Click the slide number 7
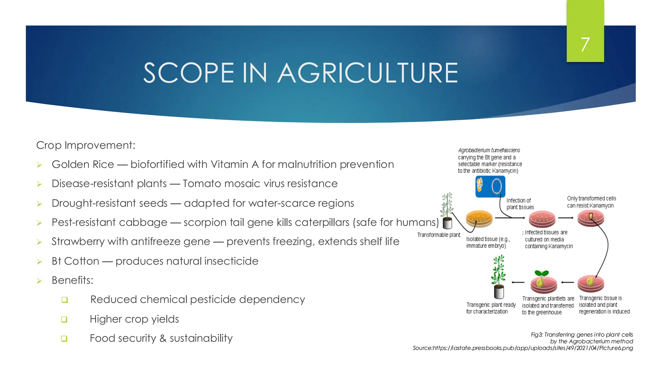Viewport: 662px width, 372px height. click(x=585, y=44)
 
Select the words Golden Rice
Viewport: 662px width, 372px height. click(x=83, y=164)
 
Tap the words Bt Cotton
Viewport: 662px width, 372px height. click(x=75, y=261)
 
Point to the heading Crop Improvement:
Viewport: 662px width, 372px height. click(x=86, y=145)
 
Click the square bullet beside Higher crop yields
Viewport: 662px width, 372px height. click(x=64, y=319)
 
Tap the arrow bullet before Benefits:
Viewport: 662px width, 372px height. click(x=39, y=281)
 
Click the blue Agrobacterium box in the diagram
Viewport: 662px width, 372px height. click(x=490, y=186)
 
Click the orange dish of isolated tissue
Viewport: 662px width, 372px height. click(x=479, y=219)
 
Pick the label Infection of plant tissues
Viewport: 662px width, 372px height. click(x=520, y=204)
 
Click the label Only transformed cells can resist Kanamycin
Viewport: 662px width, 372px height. click(x=591, y=202)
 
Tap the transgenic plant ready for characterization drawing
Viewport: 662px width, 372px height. click(x=498, y=277)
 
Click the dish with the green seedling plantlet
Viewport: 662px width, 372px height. click(x=543, y=281)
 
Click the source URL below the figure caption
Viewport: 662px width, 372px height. click(x=522, y=348)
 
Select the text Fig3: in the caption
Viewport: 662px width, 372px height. click(x=537, y=335)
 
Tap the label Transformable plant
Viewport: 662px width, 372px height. click(x=438, y=235)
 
